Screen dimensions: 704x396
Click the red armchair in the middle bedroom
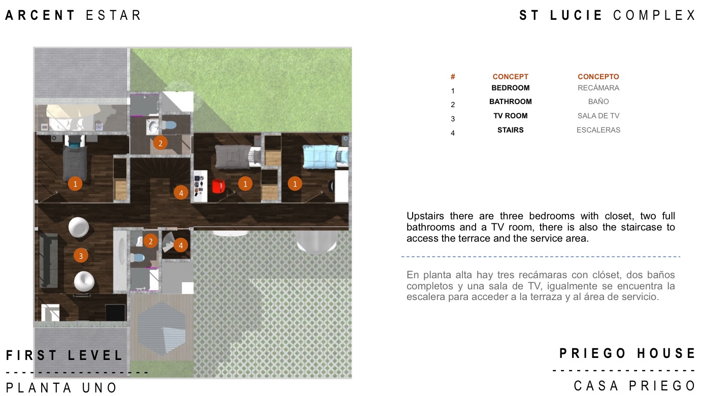pos(218,186)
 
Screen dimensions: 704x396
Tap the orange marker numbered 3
pos(81,256)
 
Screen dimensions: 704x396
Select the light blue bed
pos(325,156)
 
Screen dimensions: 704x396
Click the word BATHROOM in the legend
pos(511,102)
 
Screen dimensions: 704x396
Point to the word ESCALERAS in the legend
pos(598,130)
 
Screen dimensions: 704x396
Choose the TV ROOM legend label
pos(511,116)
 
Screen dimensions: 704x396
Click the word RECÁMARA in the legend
pos(598,88)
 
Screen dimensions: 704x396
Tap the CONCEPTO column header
pos(598,77)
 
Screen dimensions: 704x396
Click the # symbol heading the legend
pos(453,77)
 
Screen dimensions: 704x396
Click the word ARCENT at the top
pos(40,15)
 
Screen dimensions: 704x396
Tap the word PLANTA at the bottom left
pos(39,388)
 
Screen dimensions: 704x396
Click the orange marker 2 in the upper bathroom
pos(160,143)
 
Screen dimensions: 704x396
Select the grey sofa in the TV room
pos(49,260)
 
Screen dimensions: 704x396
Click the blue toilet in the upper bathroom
pos(169,125)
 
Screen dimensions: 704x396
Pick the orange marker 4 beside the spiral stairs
pos(180,245)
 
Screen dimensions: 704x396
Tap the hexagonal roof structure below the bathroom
pos(161,328)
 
